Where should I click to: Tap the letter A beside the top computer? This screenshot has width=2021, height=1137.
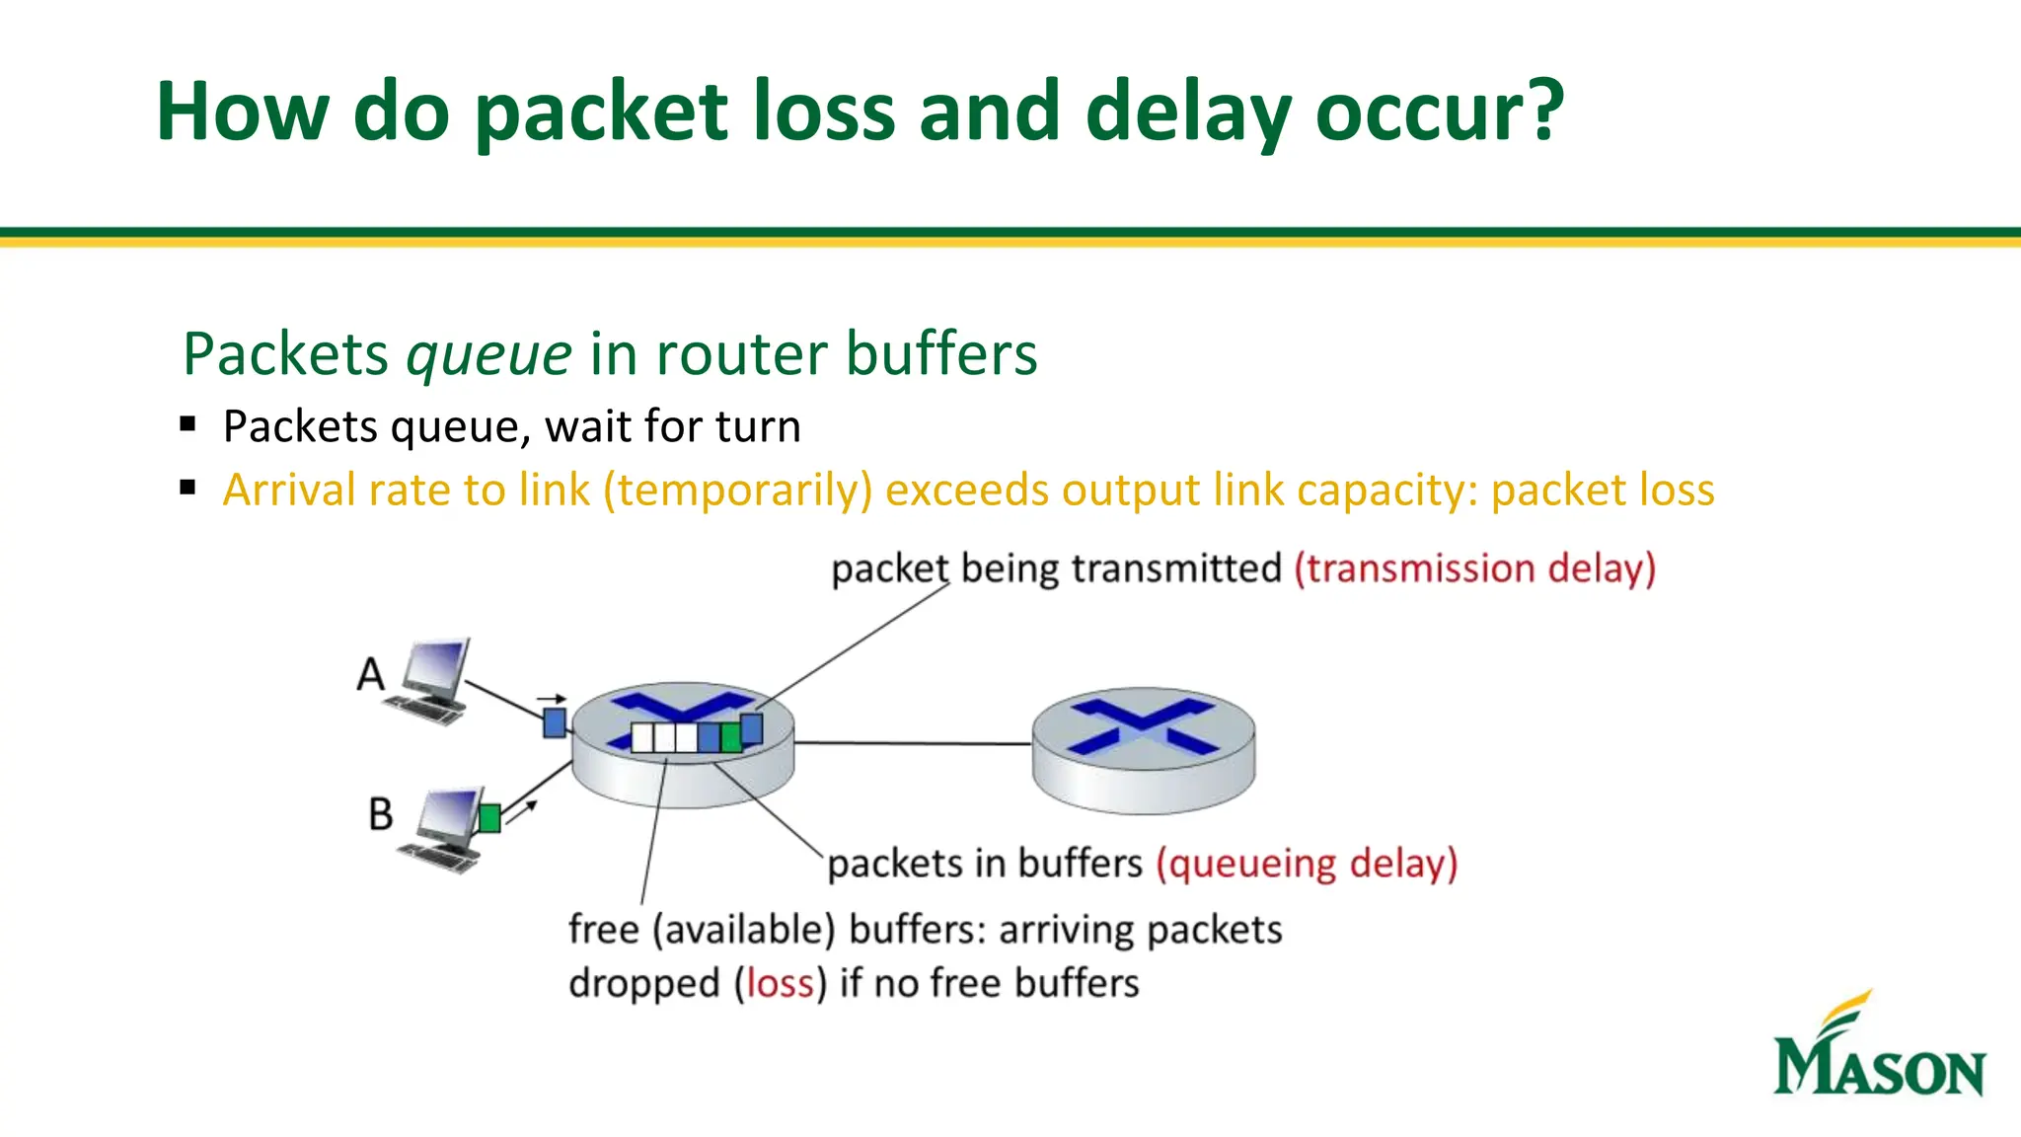[370, 675]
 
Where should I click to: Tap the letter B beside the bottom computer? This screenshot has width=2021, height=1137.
[380, 815]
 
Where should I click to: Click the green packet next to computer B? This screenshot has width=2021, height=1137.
[489, 818]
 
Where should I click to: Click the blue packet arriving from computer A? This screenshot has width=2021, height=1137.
[555, 722]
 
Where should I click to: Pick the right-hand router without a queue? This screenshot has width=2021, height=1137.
[1143, 750]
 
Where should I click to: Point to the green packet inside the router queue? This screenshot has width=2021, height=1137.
[730, 737]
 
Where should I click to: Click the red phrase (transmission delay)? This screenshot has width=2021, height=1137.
[1474, 569]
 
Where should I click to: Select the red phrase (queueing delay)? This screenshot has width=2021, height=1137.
[1307, 864]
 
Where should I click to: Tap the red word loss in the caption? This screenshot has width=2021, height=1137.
[780, 984]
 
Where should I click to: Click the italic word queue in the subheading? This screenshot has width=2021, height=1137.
[489, 354]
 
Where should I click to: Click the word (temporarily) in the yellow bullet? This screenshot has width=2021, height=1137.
[738, 491]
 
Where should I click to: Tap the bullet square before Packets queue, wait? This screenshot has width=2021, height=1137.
[188, 425]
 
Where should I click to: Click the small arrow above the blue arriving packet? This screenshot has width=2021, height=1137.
[552, 699]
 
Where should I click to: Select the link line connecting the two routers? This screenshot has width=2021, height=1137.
[913, 743]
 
